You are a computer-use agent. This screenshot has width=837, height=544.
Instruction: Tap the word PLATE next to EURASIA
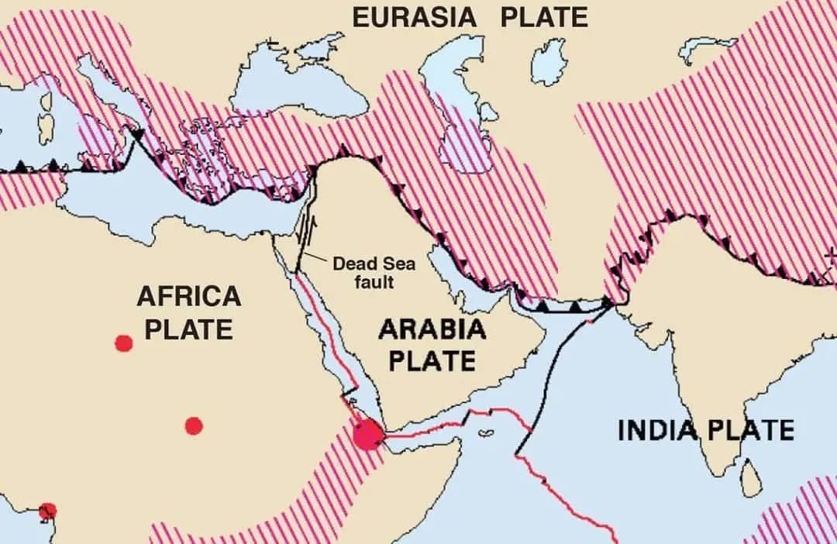pos(544,17)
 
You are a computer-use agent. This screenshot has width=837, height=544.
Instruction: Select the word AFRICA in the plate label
pos(189,296)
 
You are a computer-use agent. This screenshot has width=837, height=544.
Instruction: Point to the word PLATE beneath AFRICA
pos(189,329)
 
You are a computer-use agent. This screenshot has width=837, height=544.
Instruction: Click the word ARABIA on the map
pos(432,329)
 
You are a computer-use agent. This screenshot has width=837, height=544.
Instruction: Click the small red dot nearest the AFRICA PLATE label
pos(123,343)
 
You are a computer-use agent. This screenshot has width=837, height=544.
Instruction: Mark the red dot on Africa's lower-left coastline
pos(48,510)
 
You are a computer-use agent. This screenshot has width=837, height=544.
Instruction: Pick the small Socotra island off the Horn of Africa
pos(487,434)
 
